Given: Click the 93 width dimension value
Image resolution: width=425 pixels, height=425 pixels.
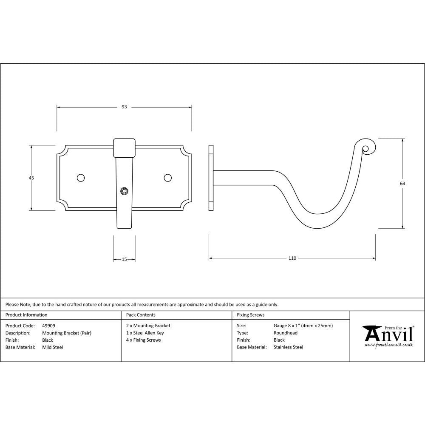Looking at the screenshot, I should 124,107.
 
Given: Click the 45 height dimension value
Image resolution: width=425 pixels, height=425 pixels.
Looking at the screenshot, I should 31,178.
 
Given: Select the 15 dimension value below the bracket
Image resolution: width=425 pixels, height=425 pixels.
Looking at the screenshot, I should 124,259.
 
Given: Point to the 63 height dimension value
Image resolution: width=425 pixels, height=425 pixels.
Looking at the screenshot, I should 402,184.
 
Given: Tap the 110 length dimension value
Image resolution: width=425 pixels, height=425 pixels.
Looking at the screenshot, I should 292,258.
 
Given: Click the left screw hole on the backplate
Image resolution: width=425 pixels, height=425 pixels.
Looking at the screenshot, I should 80,178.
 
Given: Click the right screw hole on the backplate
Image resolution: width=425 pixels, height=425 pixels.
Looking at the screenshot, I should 167,178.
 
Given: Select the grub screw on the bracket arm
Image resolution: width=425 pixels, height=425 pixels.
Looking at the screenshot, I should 124,191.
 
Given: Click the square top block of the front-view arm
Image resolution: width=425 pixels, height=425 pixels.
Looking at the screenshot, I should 124,147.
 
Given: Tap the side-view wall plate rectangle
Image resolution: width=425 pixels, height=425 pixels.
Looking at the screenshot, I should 211,178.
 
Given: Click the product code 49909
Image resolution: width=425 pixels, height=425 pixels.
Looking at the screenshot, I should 48,326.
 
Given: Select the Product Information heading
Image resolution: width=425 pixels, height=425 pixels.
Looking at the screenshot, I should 26,315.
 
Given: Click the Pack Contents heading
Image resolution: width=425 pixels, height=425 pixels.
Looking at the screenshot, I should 141,315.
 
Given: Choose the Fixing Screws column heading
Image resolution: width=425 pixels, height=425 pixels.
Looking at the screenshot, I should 250,315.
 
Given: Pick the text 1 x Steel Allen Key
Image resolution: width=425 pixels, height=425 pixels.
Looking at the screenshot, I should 145,333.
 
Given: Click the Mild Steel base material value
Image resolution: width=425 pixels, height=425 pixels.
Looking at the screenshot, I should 53,347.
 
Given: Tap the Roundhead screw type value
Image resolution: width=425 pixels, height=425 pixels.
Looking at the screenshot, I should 286,333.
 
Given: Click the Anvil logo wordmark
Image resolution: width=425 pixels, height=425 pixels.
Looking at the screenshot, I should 388,334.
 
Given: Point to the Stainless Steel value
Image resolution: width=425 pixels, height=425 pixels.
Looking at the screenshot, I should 289,347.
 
